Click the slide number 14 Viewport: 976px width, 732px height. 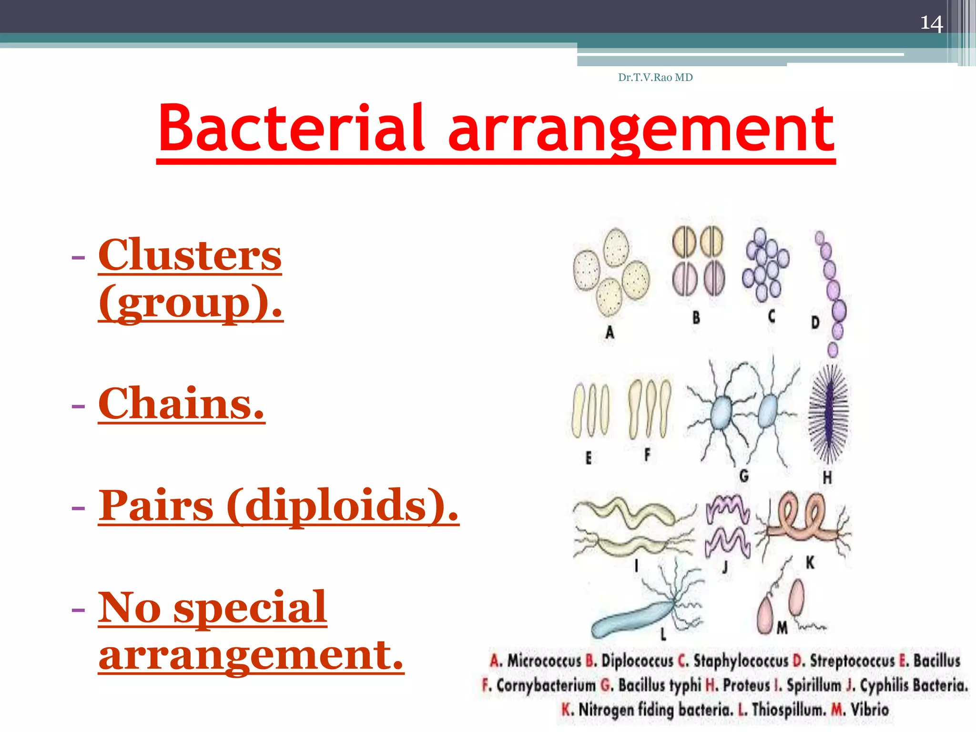pos(931,23)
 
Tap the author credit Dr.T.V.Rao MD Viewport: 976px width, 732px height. pos(655,77)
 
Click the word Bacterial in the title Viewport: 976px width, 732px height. pos(291,129)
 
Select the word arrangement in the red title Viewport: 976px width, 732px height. pos(641,129)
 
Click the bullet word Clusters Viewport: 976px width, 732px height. pos(190,255)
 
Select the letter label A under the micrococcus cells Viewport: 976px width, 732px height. pos(610,332)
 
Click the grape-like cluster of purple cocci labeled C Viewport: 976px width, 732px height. pos(765,264)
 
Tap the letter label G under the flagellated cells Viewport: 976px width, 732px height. pos(744,475)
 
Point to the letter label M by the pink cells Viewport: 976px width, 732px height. pos(782,628)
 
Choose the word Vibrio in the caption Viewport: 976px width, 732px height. pos(870,709)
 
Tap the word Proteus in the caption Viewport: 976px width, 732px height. pos(746,685)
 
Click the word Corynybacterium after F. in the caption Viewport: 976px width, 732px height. pos(546,685)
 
